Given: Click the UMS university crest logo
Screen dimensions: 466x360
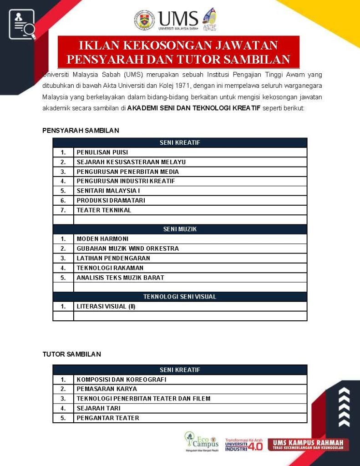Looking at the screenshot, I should [144, 20].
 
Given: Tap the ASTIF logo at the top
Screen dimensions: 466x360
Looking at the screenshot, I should [209, 19].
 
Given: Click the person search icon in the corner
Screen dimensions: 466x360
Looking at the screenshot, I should [22, 25].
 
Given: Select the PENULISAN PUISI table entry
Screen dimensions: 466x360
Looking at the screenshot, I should [102, 152].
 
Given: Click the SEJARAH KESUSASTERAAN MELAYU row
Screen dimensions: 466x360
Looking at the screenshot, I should [131, 162].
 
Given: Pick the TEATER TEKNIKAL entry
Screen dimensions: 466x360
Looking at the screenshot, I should [104, 210].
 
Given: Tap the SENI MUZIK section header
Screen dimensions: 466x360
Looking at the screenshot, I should [180, 229].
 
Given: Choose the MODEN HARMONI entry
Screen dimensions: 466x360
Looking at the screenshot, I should [102, 239].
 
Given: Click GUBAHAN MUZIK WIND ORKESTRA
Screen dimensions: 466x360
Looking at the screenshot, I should [127, 248].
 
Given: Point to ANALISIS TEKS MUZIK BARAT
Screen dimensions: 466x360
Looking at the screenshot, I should [120, 278].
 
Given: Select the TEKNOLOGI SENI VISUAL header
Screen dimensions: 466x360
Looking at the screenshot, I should [180, 297].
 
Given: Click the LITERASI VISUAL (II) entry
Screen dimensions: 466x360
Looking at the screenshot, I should [106, 306].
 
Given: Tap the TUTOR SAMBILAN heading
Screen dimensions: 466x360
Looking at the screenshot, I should [71, 354].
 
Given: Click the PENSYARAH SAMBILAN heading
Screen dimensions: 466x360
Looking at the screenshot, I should [81, 131].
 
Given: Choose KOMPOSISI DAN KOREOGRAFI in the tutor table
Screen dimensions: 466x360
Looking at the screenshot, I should [122, 380].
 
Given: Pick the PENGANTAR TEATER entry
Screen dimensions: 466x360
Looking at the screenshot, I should [108, 418].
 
